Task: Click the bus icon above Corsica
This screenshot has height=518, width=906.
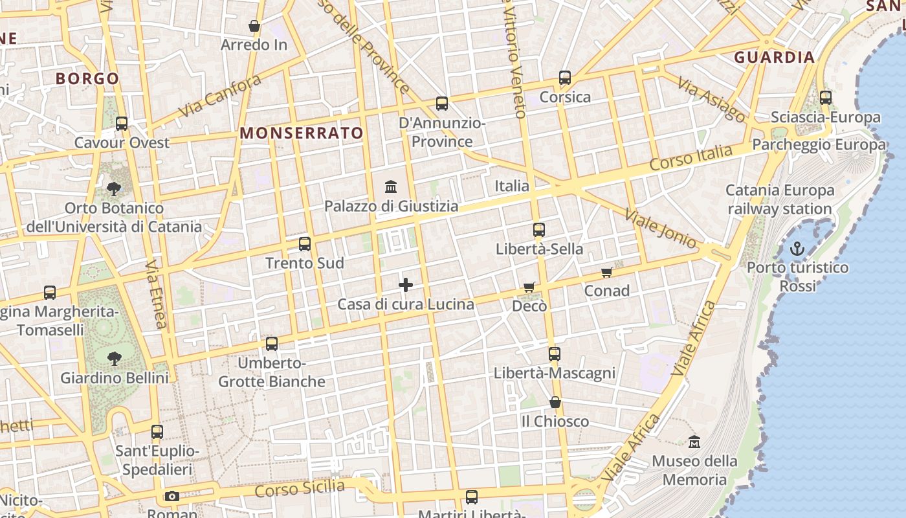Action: click(x=565, y=78)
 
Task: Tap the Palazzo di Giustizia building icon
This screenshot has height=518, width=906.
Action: click(x=391, y=187)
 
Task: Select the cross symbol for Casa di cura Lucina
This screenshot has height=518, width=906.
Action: click(x=406, y=285)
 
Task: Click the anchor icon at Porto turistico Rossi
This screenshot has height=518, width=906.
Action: click(x=797, y=249)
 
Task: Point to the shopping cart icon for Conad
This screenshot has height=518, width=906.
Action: click(x=606, y=272)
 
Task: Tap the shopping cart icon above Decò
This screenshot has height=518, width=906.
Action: click(x=529, y=287)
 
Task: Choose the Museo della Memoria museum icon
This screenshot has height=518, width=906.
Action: click(x=694, y=442)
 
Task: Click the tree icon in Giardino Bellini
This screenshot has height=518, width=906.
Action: click(x=115, y=358)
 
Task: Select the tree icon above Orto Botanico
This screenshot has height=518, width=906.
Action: click(x=114, y=189)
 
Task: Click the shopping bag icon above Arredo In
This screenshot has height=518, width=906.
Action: click(x=254, y=26)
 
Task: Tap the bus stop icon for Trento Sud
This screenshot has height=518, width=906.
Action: click(x=305, y=244)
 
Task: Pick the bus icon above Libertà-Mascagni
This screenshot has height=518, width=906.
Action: click(x=555, y=354)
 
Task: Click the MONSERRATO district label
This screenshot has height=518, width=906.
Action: click(x=302, y=133)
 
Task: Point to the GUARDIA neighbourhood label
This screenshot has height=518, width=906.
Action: click(x=774, y=58)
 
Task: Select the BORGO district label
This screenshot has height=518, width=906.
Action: click(x=87, y=79)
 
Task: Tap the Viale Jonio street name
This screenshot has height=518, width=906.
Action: click(x=660, y=228)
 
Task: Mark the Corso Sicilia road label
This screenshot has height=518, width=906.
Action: click(x=300, y=488)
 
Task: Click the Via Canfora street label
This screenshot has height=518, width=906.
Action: click(x=219, y=96)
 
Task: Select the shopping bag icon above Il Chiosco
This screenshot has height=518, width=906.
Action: click(x=555, y=402)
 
